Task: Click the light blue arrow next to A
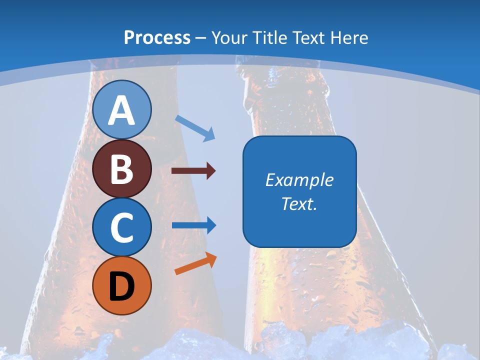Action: tap(195, 128)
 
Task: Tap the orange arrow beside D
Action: tap(195, 263)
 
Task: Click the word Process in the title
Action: tap(157, 38)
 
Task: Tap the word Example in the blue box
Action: tap(299, 180)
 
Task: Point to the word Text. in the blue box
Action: tap(299, 203)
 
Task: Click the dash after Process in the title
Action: tap(201, 38)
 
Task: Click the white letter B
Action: tap(122, 169)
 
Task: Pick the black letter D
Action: tap(122, 286)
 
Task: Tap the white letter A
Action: tap(122, 110)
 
